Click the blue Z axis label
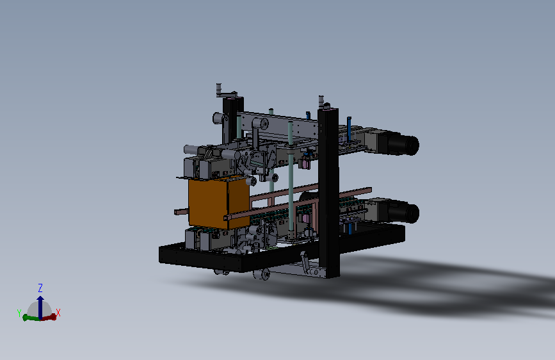click(x=40, y=288)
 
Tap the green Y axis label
click(x=19, y=313)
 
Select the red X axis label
click(x=58, y=313)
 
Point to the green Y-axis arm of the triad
click(x=31, y=318)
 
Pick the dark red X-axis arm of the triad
click(x=49, y=317)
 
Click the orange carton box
click(x=219, y=202)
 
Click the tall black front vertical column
click(x=329, y=193)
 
